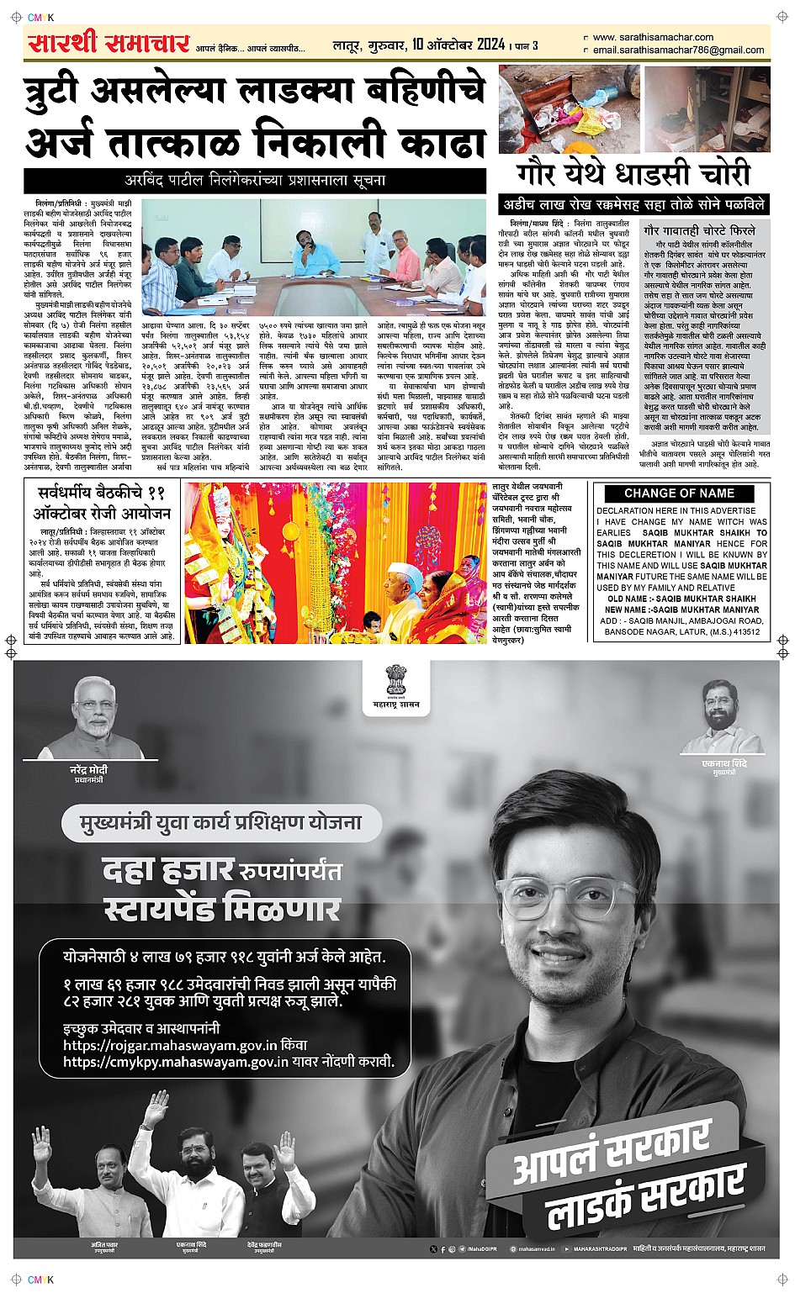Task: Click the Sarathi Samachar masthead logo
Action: click(x=109, y=42)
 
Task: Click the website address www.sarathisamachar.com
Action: click(x=653, y=37)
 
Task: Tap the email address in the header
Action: click(x=678, y=50)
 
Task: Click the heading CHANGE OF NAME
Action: click(x=679, y=493)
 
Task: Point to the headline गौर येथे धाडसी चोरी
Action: click(x=633, y=174)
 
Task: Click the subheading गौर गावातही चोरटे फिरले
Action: click(x=699, y=230)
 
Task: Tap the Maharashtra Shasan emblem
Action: click(x=396, y=683)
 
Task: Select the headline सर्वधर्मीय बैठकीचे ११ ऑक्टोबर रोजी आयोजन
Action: click(x=102, y=503)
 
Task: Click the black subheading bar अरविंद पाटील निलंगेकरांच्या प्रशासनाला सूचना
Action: click(x=255, y=180)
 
